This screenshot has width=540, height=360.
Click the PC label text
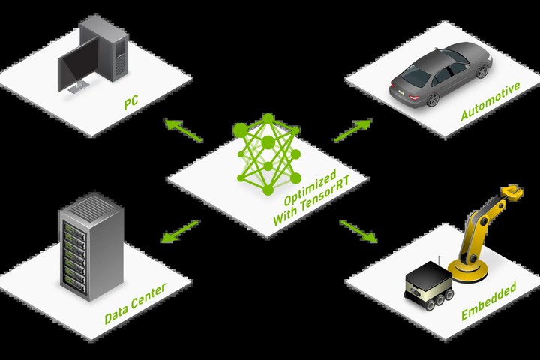[x=131, y=102]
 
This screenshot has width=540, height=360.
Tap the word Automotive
[x=490, y=101]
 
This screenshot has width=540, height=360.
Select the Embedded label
[x=489, y=301]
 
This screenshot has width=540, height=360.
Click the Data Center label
[x=135, y=303]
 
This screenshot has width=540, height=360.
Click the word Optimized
[x=310, y=188]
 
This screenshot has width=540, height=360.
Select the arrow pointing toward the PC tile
[x=183, y=130]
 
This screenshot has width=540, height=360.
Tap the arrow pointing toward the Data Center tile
[x=180, y=231]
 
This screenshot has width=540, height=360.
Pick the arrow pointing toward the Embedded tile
[x=358, y=232]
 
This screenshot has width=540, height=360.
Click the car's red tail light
[x=413, y=97]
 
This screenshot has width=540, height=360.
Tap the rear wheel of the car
[x=433, y=100]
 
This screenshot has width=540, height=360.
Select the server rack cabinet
[x=91, y=247]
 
